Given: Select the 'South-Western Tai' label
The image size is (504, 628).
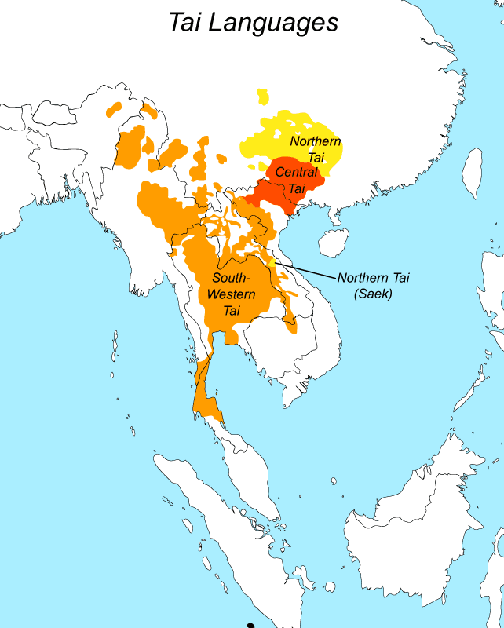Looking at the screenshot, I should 231,294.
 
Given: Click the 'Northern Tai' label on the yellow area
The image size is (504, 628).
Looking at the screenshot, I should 316,149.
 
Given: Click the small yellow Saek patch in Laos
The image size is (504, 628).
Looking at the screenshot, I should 271,261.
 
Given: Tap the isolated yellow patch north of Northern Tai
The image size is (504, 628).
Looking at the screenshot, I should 263,97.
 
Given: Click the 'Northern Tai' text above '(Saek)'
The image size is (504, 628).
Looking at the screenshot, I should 374,278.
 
